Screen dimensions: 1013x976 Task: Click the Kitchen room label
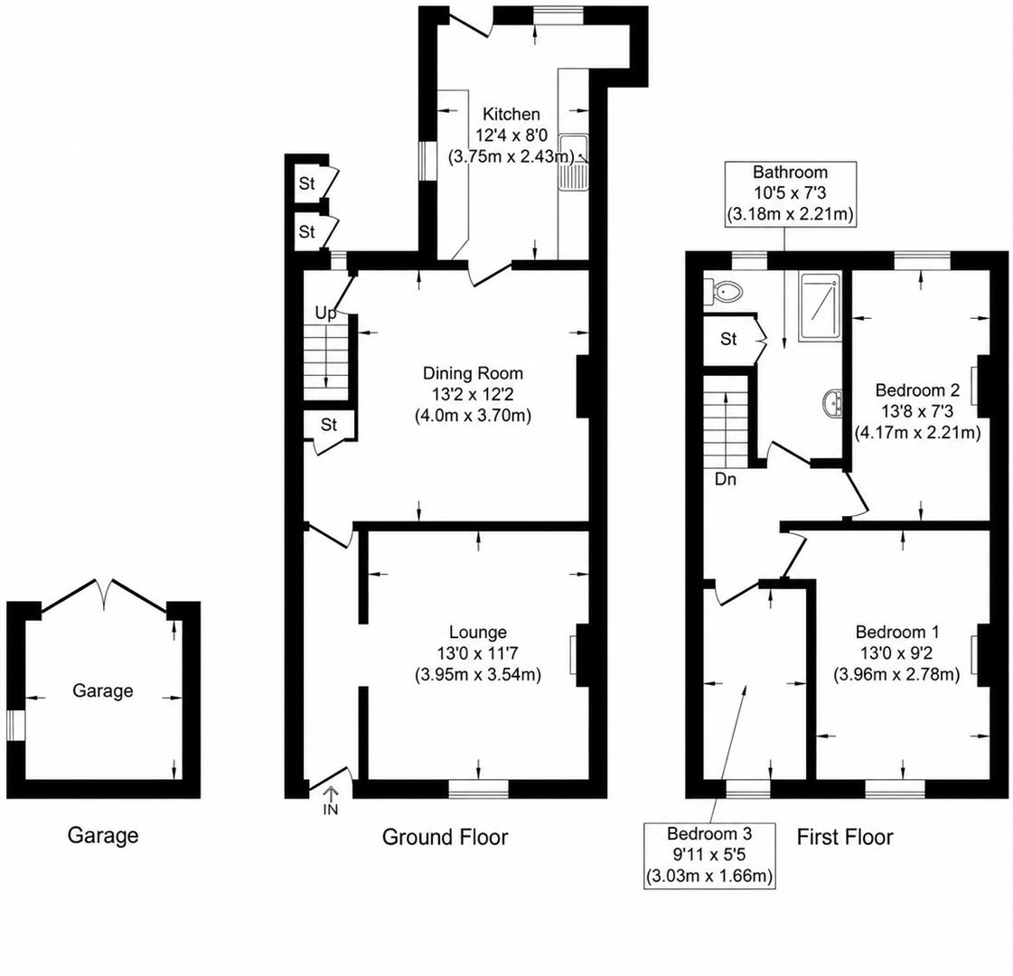tap(511, 115)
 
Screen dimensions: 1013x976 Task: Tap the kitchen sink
tap(572, 164)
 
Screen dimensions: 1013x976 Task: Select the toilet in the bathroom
tap(724, 292)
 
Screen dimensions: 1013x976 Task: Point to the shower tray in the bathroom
tap(820, 307)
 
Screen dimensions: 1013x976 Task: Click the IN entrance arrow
tap(331, 801)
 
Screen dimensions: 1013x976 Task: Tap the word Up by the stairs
tap(325, 314)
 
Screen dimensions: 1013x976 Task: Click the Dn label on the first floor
tap(726, 479)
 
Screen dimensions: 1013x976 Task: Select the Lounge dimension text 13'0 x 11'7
tap(478, 653)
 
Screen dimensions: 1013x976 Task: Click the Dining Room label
tap(473, 373)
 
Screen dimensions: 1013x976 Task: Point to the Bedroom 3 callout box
tap(709, 855)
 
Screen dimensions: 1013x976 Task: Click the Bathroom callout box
tap(790, 193)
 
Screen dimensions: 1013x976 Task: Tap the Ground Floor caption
tap(446, 837)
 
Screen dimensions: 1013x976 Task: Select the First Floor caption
tap(844, 837)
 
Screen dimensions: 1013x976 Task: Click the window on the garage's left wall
tap(15, 726)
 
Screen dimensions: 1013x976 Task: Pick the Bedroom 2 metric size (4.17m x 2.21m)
tap(917, 432)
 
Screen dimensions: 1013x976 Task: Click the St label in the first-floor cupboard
tap(728, 339)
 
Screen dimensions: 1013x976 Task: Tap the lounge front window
tap(479, 789)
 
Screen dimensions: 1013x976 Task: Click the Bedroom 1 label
tap(897, 632)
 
